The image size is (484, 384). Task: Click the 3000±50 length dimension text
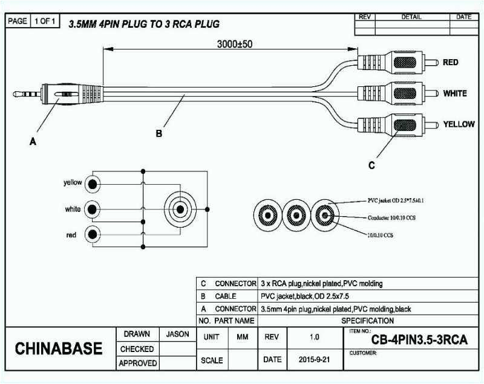coord(235,44)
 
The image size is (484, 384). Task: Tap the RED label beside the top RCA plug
coord(450,62)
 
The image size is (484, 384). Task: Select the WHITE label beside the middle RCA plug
coord(455,94)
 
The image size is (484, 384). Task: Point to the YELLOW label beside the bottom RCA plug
coord(459,124)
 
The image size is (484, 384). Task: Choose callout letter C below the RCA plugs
coord(371,164)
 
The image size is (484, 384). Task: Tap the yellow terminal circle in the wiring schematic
coord(92,184)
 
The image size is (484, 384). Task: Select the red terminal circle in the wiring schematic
coord(92,235)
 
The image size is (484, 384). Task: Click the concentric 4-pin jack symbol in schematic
coord(179,210)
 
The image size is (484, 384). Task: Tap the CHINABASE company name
coord(59,349)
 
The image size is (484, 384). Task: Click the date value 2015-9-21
coord(315,359)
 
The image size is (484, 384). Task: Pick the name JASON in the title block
coord(177,334)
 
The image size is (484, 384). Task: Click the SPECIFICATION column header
coord(367,321)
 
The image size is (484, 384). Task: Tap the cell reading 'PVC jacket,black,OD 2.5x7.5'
coord(304,296)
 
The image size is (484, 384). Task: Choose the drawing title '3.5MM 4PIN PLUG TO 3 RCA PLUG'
coord(143,24)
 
